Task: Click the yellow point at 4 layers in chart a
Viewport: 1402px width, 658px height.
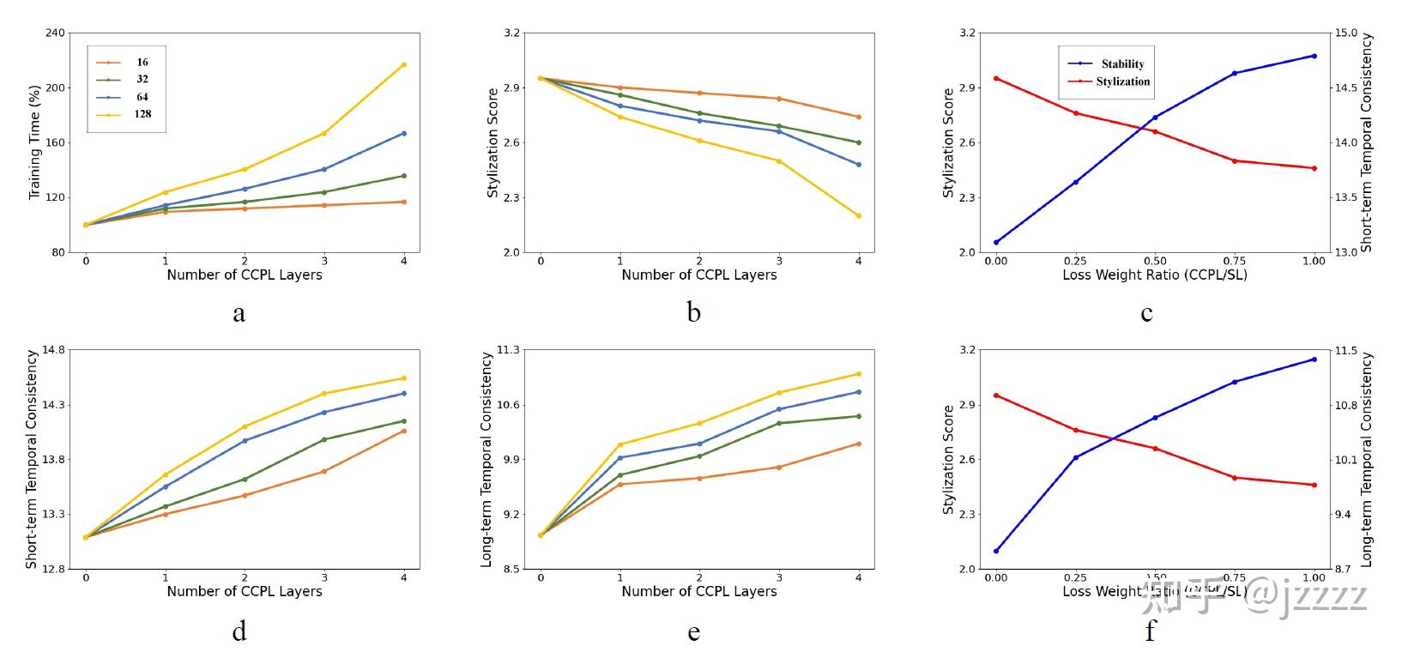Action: point(404,65)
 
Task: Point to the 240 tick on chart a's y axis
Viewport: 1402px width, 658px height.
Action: point(54,33)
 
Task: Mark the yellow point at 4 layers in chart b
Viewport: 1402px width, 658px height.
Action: point(859,216)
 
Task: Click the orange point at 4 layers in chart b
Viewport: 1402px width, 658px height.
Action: point(859,117)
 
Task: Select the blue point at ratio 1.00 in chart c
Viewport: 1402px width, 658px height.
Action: point(1314,56)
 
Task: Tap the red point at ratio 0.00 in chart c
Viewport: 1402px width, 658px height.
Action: point(996,78)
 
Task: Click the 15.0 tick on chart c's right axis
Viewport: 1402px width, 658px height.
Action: point(1345,33)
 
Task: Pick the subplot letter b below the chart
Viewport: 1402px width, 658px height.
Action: point(693,313)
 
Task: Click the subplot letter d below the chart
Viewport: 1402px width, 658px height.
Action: point(239,631)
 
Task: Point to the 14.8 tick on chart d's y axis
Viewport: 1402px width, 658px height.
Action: point(52,350)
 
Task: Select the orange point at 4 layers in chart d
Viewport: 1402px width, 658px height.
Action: point(404,431)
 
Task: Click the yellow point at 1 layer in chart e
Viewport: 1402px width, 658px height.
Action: point(620,444)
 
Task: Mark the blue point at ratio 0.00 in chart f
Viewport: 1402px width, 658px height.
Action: point(996,551)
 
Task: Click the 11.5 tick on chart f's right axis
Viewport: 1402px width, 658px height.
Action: point(1345,351)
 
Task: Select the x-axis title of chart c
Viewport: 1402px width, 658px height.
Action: point(1154,275)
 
